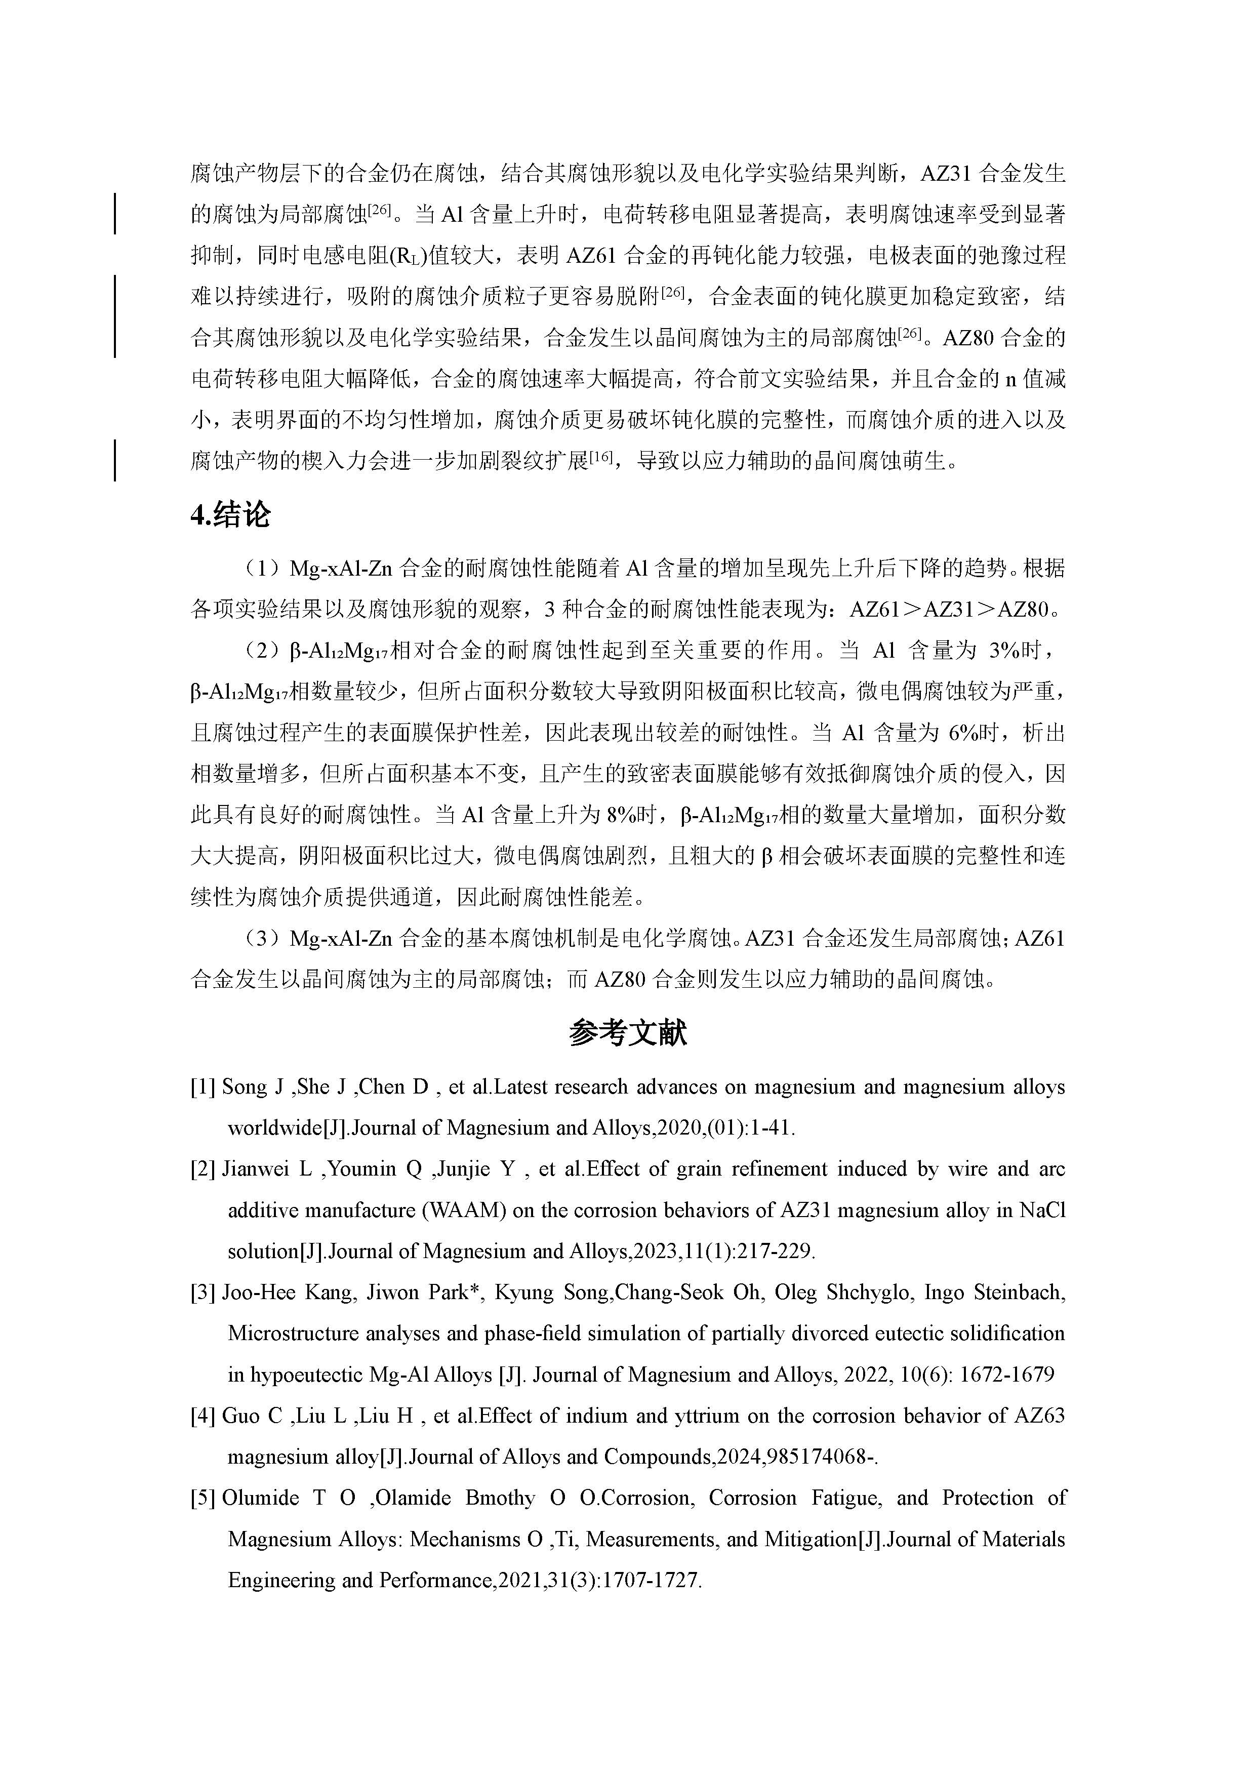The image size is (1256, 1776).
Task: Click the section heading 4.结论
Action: [230, 514]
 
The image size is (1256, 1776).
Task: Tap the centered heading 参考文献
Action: [627, 1033]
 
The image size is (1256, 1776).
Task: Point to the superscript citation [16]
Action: [600, 458]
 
